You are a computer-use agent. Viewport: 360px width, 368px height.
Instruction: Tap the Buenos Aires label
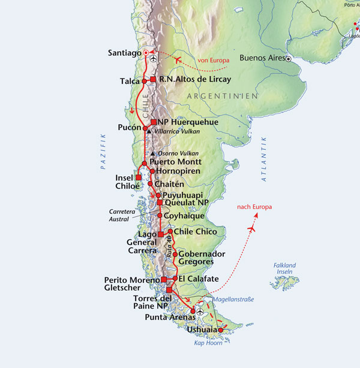click(262, 58)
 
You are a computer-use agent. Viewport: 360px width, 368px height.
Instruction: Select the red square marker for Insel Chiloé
click(139, 177)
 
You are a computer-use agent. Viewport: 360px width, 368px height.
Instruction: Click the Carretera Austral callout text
click(124, 215)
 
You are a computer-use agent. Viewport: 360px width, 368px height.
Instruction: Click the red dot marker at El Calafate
click(174, 278)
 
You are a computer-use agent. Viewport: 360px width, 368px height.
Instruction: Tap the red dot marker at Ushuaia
click(220, 330)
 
